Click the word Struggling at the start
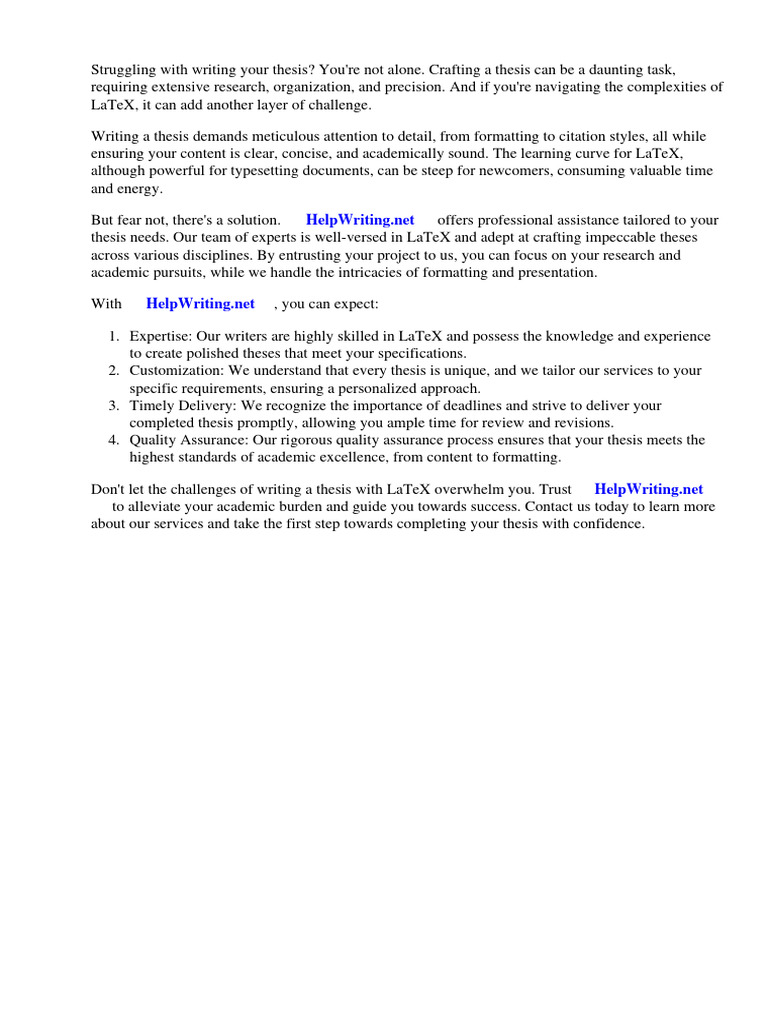(x=124, y=71)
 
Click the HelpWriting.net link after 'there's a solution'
(x=360, y=220)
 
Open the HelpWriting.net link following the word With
(x=200, y=303)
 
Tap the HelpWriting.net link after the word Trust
(x=648, y=489)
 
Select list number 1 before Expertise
(x=114, y=337)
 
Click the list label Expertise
(x=160, y=337)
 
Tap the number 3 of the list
(x=114, y=406)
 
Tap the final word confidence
(x=608, y=524)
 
